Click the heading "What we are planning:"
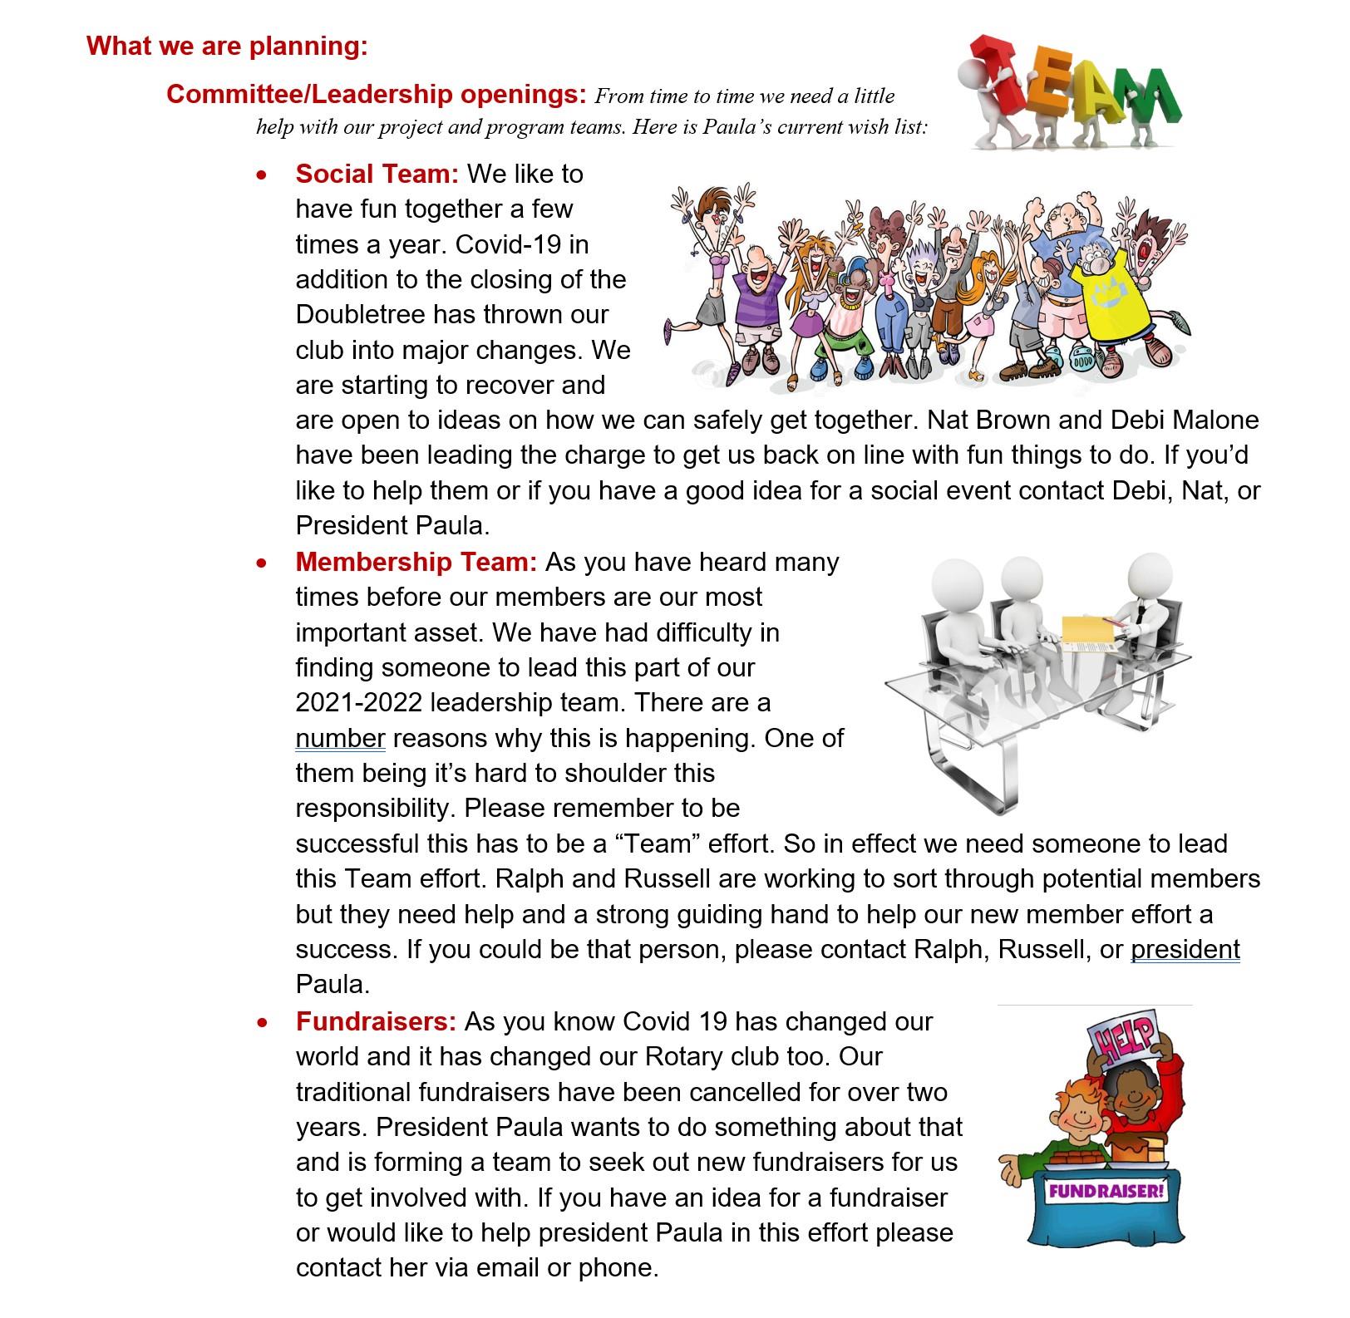pos(226,46)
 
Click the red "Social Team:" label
pos(377,174)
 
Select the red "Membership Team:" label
pos(416,563)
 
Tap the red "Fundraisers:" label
pos(376,1021)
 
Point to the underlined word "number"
pos(340,739)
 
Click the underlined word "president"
pos(1185,950)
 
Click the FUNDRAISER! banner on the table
pos(1105,1191)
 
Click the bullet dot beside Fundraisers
pos(263,1023)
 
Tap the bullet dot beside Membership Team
pos(263,563)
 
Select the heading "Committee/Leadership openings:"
pos(377,94)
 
